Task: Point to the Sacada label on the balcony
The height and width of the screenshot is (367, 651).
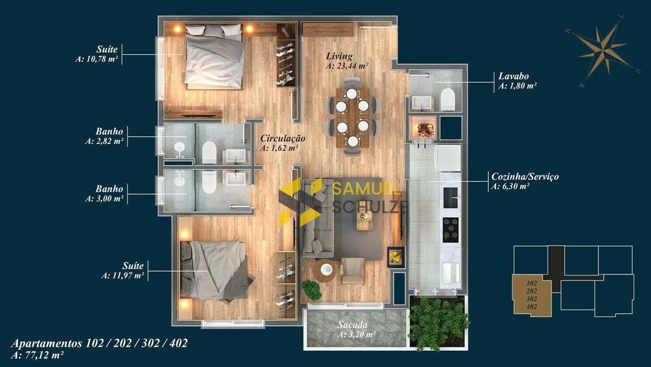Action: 353,325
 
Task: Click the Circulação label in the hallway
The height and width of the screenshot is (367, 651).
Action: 283,139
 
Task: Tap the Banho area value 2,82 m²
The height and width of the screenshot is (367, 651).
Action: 105,141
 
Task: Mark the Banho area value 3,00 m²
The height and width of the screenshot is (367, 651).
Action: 105,199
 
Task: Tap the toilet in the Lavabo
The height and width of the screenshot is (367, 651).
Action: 447,100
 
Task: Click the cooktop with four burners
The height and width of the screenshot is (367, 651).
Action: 450,228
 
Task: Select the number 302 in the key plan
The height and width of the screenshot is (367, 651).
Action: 531,299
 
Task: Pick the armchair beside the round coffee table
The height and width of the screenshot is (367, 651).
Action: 353,270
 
